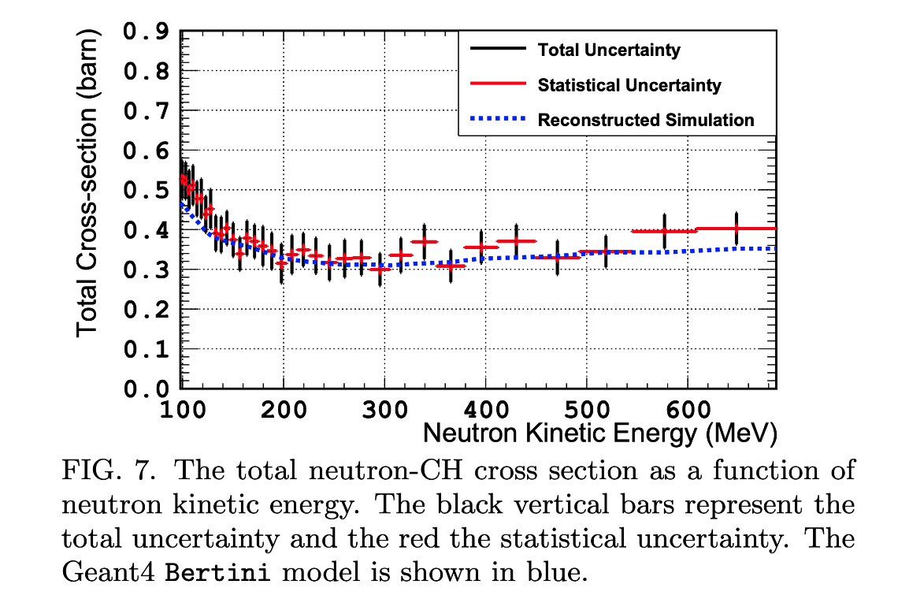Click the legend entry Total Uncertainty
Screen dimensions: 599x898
[609, 50]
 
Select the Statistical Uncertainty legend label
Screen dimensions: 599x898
[629, 85]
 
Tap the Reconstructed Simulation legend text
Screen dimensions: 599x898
[646, 120]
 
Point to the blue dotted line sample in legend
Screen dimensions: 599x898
[497, 120]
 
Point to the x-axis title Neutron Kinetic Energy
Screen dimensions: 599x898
[599, 433]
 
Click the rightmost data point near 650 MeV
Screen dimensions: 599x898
[737, 229]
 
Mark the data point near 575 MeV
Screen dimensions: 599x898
[665, 231]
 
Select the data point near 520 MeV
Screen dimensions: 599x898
[606, 252]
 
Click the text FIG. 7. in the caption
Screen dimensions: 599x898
[110, 471]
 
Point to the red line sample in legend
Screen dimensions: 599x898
[497, 85]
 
